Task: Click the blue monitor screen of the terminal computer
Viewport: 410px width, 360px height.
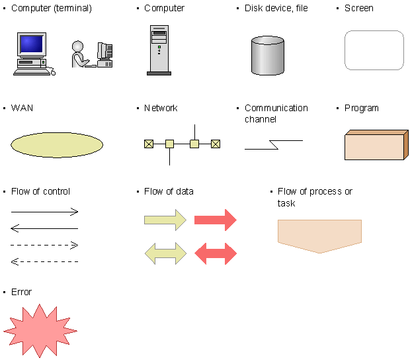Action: pos(31,44)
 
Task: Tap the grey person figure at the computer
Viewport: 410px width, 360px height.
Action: pos(79,54)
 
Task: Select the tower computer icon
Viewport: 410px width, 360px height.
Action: pos(159,50)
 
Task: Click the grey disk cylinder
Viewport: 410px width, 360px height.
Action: pos(268,56)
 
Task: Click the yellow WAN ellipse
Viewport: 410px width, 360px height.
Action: pos(57,145)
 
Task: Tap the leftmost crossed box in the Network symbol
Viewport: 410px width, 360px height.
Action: pos(149,144)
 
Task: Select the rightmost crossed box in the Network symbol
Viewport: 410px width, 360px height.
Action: pos(216,144)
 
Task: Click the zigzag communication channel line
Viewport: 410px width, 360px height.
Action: pos(274,145)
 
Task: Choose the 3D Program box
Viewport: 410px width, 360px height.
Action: pos(376,145)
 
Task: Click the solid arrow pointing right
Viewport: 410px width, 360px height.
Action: pos(44,212)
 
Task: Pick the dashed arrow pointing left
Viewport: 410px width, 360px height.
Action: pos(44,261)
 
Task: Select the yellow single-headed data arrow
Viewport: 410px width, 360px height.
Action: pos(165,220)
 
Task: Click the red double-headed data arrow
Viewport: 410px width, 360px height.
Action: pos(216,253)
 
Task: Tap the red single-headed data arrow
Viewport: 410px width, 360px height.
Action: pos(216,220)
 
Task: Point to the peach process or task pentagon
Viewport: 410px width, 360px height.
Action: pos(319,236)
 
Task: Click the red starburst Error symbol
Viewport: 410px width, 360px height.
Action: pos(40,331)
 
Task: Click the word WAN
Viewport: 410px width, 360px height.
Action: pos(22,108)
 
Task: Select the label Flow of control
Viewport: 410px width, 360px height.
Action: pos(40,191)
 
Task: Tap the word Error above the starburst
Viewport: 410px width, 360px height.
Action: pos(21,292)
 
